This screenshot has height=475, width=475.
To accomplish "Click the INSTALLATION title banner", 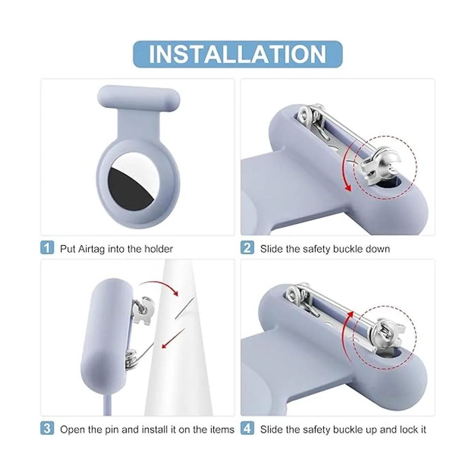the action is (x=237, y=54).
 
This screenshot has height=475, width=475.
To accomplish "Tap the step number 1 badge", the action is (x=47, y=247).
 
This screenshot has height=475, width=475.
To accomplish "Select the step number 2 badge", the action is (x=247, y=247).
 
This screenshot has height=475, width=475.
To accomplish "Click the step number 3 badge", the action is (x=47, y=428).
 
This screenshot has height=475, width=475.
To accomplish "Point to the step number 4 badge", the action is (x=247, y=428).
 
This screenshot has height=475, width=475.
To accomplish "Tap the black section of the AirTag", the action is (x=128, y=187).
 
